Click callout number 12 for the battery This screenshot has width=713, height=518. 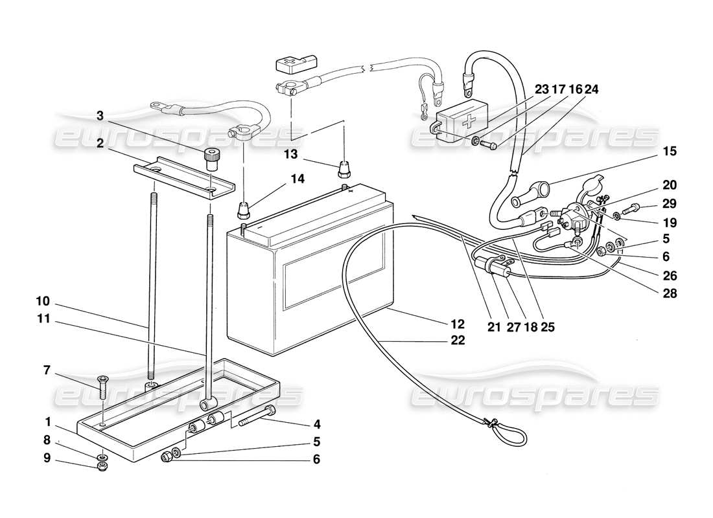(x=458, y=323)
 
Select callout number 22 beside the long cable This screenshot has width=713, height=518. (x=458, y=341)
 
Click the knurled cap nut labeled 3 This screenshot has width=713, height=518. (x=209, y=156)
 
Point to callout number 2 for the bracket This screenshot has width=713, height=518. (x=99, y=144)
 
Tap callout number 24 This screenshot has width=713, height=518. (x=591, y=90)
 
